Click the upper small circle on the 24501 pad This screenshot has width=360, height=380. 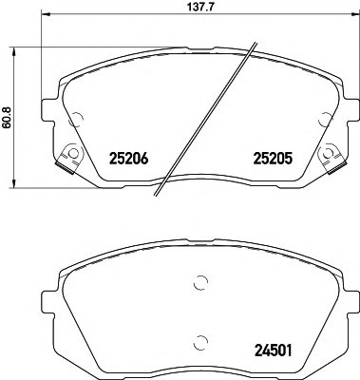[x=199, y=281]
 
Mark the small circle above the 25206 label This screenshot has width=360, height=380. [x=77, y=117]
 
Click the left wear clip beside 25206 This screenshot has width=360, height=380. [x=66, y=159]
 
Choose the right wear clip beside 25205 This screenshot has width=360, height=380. [x=332, y=159]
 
